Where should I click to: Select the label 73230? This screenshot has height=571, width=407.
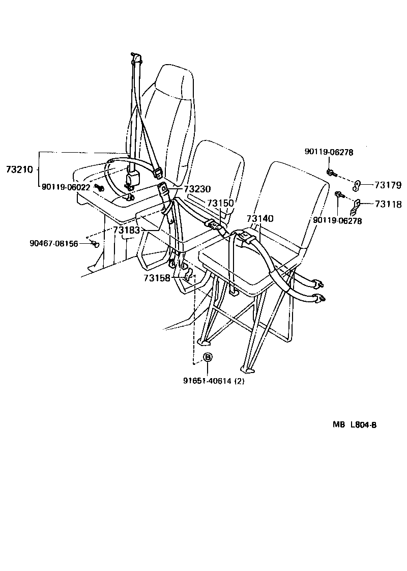(197, 189)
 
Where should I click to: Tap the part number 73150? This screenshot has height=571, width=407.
(220, 203)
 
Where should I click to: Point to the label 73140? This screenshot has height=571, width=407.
(260, 219)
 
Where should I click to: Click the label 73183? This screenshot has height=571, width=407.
(126, 231)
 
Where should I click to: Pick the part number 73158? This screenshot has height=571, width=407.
(157, 278)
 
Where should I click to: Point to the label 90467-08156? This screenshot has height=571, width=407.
(54, 244)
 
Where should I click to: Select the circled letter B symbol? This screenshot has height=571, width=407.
(208, 358)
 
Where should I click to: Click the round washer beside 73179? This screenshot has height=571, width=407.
(357, 184)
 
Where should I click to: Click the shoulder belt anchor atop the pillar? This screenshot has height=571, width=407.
(135, 58)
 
